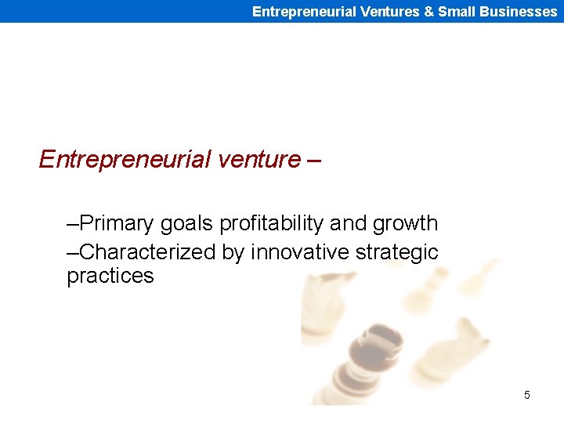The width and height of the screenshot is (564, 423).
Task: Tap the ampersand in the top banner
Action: pos(430,12)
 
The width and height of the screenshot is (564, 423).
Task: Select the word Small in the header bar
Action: pos(455,12)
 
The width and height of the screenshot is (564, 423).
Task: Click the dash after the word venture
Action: pos(314,160)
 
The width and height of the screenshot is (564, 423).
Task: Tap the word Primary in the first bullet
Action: pos(117,223)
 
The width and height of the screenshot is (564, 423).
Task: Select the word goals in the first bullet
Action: pos(187,224)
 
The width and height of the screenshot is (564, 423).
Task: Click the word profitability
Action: pos(272,224)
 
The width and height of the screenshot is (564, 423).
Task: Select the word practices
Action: pos(110,277)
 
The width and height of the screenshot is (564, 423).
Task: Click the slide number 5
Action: pos(526,395)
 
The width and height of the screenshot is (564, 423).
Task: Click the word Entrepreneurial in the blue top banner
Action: pos(302,12)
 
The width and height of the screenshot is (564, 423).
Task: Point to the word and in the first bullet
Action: pos(348,223)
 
